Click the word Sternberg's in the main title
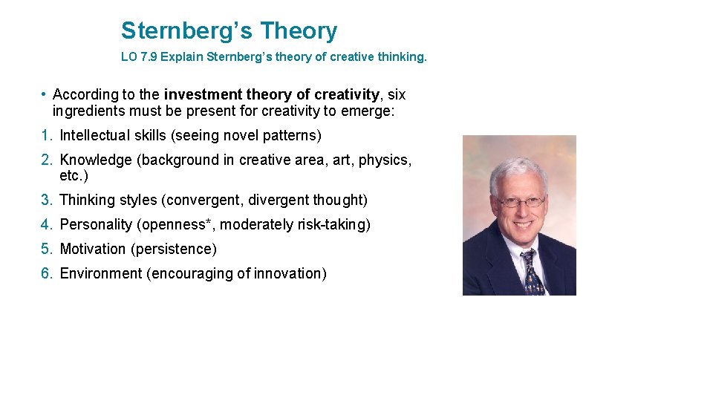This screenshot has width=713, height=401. [186, 31]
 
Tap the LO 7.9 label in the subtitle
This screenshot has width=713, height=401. [139, 56]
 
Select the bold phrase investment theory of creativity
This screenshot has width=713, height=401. [271, 94]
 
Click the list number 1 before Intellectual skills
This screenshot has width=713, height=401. [45, 136]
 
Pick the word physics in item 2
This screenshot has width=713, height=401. [382, 160]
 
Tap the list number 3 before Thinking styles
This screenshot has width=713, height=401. [45, 200]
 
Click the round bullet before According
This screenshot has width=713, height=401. [45, 94]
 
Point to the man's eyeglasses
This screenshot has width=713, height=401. [521, 201]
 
